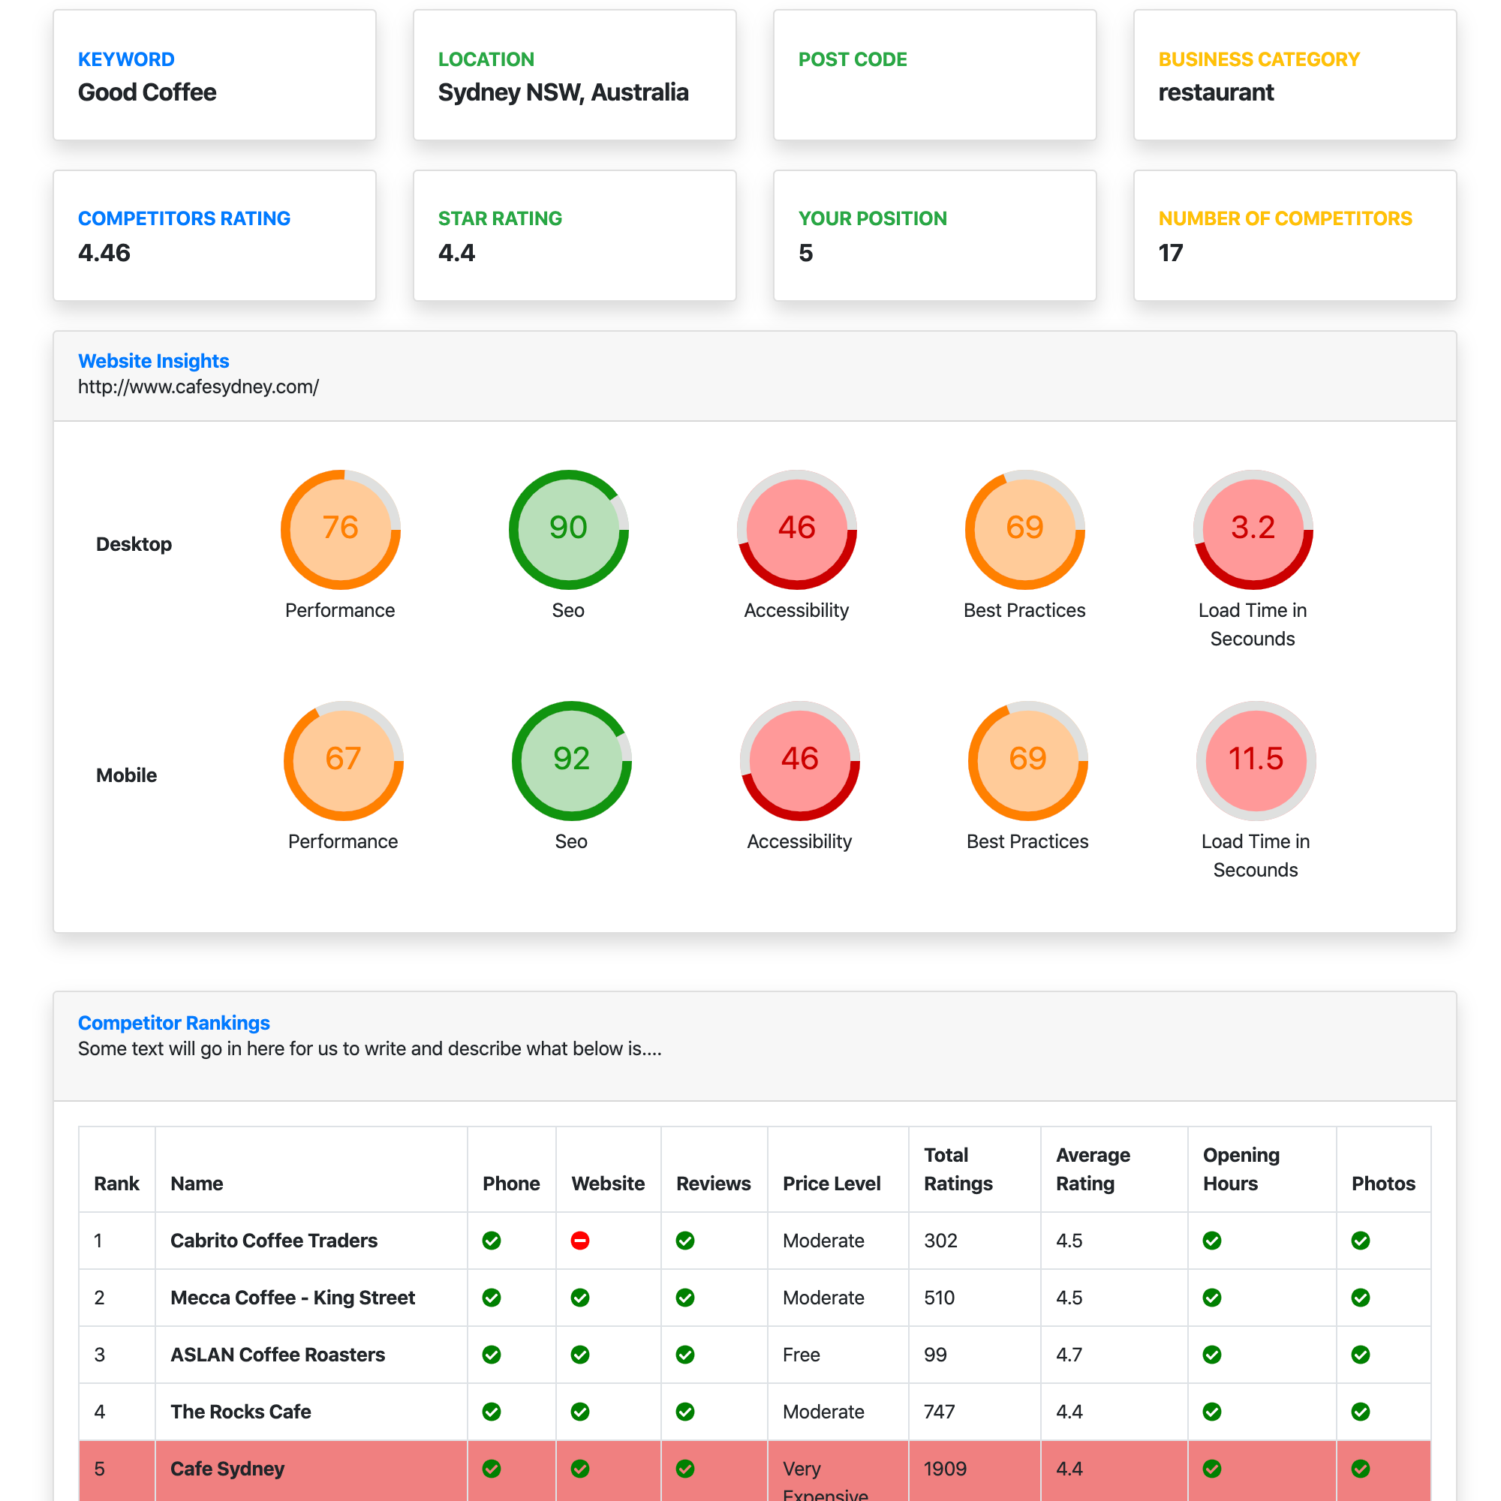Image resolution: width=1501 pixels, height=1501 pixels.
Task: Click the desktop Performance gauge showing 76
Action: click(x=340, y=529)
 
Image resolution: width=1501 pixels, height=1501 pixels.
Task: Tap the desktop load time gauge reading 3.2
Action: click(x=1253, y=529)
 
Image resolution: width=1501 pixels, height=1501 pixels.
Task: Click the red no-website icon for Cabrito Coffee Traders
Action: click(x=579, y=1241)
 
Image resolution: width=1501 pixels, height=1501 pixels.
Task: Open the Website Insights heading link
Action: click(x=153, y=361)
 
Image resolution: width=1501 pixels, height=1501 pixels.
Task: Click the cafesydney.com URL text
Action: click(x=198, y=387)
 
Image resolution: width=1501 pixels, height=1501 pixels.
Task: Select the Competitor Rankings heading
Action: click(x=173, y=1023)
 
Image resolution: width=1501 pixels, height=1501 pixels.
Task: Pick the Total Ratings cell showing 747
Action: click(x=939, y=1412)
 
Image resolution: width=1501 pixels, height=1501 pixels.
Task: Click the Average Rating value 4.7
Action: click(x=1069, y=1355)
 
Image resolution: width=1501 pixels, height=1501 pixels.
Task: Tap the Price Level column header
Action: click(x=832, y=1184)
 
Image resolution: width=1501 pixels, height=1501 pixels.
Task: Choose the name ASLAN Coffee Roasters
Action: click(x=278, y=1355)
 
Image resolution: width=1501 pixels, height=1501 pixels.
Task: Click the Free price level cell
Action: click(x=801, y=1355)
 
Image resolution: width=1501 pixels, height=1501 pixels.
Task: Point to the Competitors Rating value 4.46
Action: click(x=104, y=253)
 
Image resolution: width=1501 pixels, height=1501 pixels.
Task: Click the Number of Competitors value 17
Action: click(x=1170, y=253)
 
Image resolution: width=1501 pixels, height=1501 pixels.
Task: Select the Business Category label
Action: click(x=1259, y=60)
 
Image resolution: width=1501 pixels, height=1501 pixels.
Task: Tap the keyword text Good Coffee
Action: click(x=147, y=92)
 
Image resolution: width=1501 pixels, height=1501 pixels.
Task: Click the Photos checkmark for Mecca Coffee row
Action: click(x=1361, y=1298)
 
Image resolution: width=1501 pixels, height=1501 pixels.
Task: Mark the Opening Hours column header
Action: click(x=1241, y=1169)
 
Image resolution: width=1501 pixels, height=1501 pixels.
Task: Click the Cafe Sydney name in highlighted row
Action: click(x=227, y=1469)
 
